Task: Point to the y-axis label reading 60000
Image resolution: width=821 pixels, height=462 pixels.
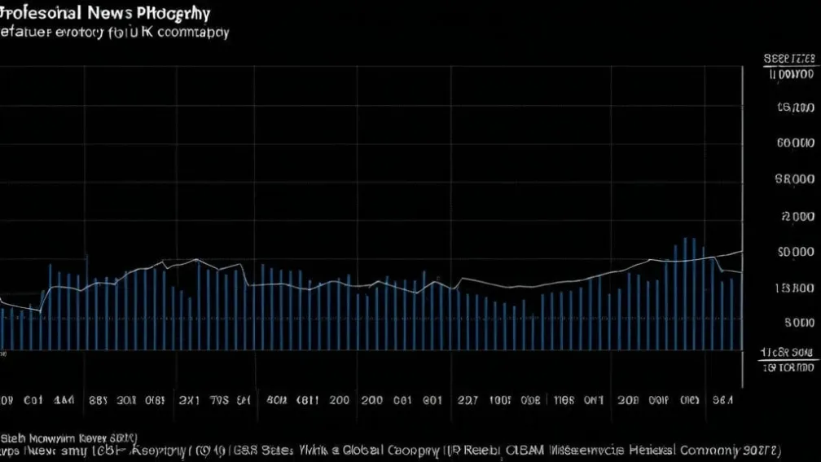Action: click(x=796, y=143)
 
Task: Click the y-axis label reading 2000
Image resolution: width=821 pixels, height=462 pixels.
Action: click(x=797, y=217)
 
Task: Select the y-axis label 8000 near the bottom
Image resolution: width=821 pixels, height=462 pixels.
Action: click(x=798, y=322)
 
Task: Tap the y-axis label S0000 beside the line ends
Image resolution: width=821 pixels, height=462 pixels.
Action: click(x=796, y=253)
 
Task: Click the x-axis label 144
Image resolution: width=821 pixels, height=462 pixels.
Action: click(x=64, y=401)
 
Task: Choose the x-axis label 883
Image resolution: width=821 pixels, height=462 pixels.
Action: click(x=98, y=401)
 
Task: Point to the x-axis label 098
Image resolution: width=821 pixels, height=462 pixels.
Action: click(x=529, y=401)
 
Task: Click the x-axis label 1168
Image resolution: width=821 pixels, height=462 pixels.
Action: click(x=564, y=401)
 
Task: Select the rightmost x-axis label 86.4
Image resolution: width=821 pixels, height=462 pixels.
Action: click(x=722, y=401)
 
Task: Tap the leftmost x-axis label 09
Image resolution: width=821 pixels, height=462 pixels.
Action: click(x=6, y=401)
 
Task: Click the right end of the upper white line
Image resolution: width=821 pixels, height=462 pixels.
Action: click(x=741, y=252)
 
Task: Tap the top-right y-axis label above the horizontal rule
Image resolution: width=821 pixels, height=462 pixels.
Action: click(x=789, y=59)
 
